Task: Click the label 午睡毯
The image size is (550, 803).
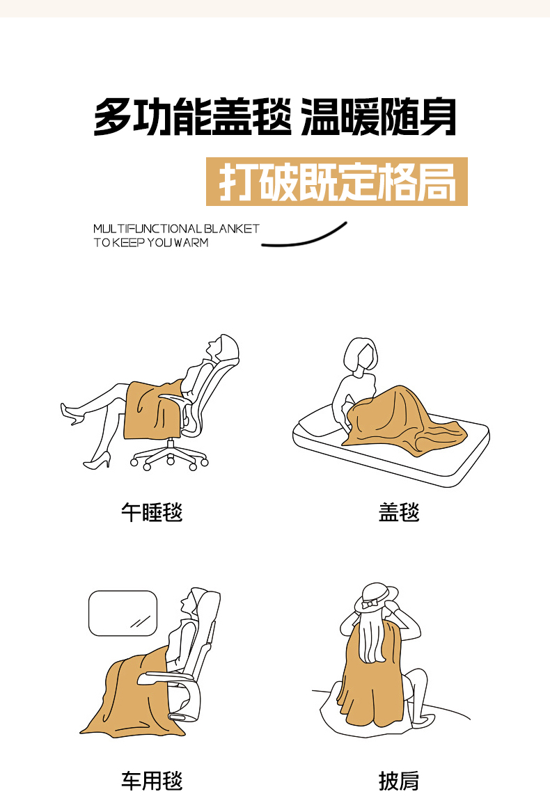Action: pyautogui.click(x=152, y=512)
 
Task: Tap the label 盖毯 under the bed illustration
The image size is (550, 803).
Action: pyautogui.click(x=399, y=512)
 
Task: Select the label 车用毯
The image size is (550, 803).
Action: pyautogui.click(x=152, y=781)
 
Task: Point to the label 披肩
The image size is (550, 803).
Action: pyautogui.click(x=399, y=781)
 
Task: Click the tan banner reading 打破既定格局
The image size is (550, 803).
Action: pyautogui.click(x=337, y=182)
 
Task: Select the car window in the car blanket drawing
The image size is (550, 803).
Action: pyautogui.click(x=123, y=613)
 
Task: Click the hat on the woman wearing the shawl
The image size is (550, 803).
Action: pyautogui.click(x=377, y=597)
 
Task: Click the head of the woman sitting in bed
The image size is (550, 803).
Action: pyautogui.click(x=361, y=353)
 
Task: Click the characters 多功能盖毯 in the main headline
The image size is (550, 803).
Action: pyautogui.click(x=192, y=118)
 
